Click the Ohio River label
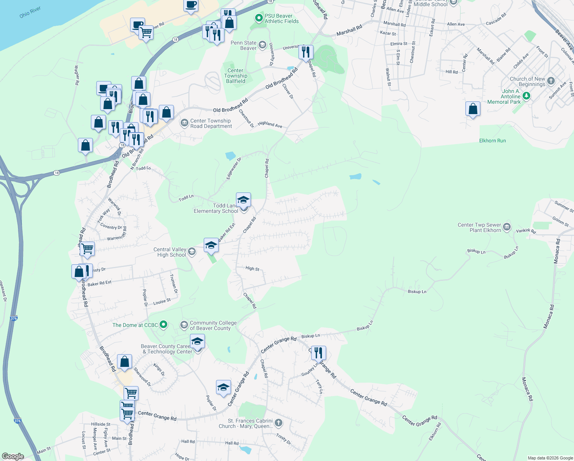pos(30,12)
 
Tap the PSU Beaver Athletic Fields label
pos(281,18)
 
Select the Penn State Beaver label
pos(243,45)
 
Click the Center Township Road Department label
pos(211,123)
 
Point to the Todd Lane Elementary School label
pos(216,208)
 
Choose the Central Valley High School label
pos(170,252)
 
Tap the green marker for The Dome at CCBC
pos(163,325)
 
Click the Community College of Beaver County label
pos(213,325)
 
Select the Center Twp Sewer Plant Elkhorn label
pos(479,227)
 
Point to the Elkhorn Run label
pos(492,141)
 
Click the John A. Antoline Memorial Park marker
pos(526,95)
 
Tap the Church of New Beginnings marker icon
pos(551,81)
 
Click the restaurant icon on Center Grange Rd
pos(318,352)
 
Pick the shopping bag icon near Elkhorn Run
pos(473,109)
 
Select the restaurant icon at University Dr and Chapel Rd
pos(306,52)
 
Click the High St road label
pos(252,269)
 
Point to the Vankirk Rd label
pos(525,231)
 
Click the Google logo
pos(13,456)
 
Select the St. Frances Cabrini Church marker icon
pos(279,423)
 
